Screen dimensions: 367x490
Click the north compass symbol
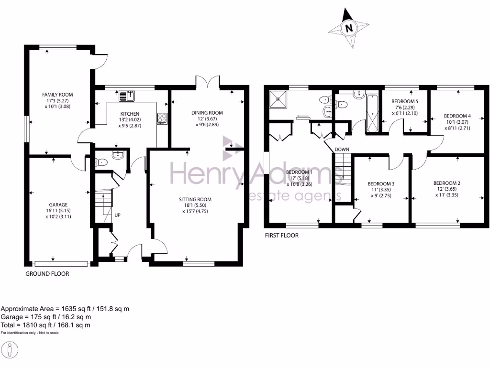(348, 28)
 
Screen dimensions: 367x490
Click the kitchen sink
(127, 96)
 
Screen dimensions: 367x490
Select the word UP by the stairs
(117, 215)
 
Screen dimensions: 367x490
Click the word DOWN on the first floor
(342, 150)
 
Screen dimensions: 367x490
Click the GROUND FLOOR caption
(47, 274)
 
